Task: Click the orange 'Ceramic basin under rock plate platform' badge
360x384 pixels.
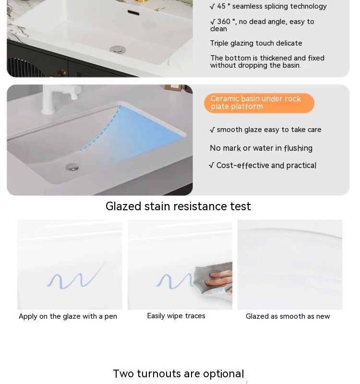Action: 259,103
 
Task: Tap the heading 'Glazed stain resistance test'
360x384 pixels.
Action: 178,206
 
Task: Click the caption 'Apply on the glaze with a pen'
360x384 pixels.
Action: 68,316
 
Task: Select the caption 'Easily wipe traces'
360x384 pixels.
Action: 176,316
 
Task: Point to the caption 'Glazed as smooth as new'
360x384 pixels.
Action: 288,316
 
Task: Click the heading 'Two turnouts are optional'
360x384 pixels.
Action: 178,374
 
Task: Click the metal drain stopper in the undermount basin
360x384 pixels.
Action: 72,167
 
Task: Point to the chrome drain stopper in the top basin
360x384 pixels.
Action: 118,49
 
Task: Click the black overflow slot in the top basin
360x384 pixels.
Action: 133,12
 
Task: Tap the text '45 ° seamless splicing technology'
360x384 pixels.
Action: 272,6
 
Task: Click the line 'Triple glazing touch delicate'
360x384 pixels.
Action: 256,43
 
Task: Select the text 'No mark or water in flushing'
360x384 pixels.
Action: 261,148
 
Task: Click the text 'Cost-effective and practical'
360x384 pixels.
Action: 266,166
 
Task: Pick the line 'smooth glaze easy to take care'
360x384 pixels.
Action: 269,130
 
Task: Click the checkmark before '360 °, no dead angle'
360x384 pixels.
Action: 213,22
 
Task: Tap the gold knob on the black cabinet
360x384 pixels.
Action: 62,73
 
